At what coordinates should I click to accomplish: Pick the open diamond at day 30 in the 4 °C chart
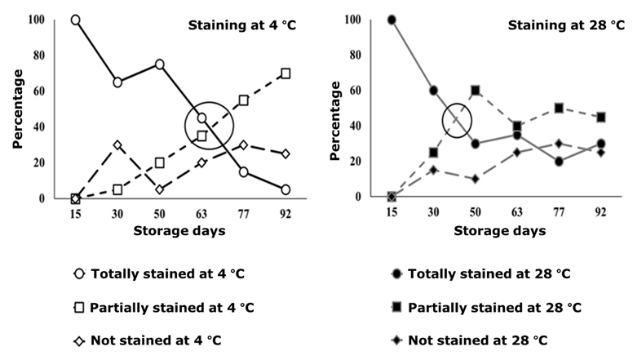coord(117,145)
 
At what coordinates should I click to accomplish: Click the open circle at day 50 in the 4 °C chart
coord(160,64)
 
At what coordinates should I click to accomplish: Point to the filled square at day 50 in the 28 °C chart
coord(475,91)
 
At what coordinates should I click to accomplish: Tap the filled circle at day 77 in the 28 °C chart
coord(559,162)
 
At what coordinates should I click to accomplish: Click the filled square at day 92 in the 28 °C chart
coord(601,117)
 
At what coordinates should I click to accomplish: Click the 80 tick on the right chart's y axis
coord(355,55)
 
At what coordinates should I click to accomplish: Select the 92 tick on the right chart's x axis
coord(601,214)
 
